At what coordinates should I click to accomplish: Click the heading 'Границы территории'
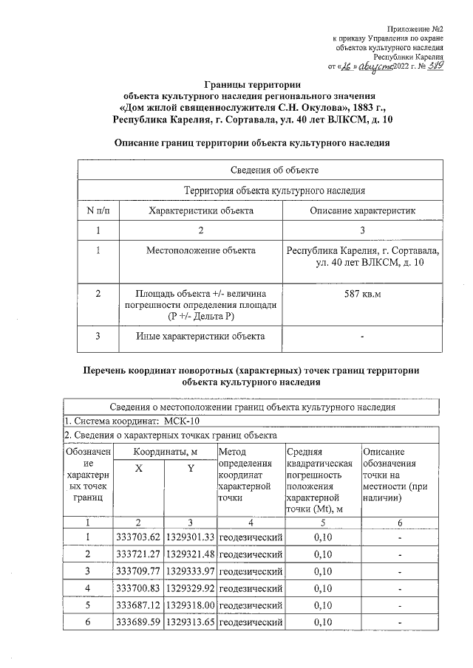click(x=249, y=85)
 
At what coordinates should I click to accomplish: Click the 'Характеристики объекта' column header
click(x=201, y=211)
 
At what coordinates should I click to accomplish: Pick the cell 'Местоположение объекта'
click(x=201, y=251)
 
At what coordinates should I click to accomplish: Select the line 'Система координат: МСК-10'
click(x=122, y=421)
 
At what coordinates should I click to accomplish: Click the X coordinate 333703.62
click(x=138, y=537)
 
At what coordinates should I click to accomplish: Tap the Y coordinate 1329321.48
click(x=189, y=554)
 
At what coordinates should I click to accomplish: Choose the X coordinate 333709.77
click(x=138, y=571)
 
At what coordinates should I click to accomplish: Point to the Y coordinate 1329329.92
click(x=189, y=589)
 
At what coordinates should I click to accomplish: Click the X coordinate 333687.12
click(x=138, y=606)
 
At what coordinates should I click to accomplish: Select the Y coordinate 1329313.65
click(x=189, y=624)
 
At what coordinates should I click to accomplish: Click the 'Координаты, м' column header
click(x=163, y=452)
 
